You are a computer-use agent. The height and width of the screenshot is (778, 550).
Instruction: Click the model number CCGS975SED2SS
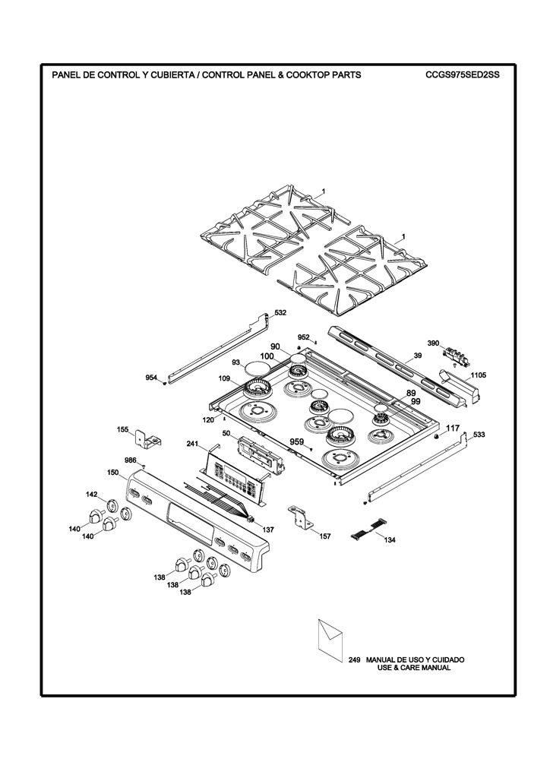462,75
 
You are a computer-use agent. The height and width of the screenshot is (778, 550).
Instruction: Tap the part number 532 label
280,313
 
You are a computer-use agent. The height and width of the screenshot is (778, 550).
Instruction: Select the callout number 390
433,343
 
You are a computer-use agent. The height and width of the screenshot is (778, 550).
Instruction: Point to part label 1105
479,375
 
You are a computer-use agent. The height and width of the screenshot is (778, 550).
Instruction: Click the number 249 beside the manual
354,660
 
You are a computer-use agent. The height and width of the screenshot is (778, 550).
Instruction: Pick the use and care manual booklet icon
329,640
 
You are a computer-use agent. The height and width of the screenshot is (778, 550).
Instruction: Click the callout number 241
193,443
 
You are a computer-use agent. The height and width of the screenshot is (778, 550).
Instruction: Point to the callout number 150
112,473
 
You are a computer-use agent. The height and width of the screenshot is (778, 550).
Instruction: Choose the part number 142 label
92,494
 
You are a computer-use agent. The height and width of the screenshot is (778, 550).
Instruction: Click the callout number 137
268,530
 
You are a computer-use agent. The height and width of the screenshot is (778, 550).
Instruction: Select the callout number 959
296,441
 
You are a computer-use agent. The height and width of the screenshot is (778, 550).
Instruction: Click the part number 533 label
479,435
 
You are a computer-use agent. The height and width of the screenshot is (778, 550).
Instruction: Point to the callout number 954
151,378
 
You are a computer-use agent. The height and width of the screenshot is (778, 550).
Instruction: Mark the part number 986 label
131,460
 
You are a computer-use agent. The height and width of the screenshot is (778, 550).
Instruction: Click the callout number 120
208,419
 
